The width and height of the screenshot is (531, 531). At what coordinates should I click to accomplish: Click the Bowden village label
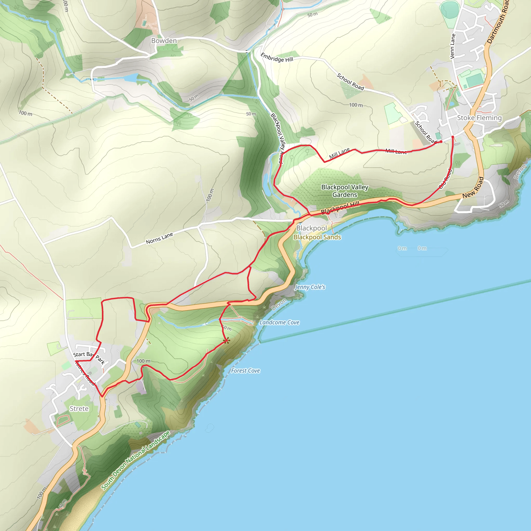coord(164,41)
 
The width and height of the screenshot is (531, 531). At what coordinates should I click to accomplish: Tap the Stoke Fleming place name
coord(479,118)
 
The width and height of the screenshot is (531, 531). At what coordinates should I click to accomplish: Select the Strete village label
coord(79,409)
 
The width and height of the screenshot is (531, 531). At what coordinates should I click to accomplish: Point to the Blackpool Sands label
coord(317,237)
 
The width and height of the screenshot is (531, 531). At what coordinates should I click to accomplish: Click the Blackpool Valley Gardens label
coord(345,191)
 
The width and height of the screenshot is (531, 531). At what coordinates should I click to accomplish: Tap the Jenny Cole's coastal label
coord(310,287)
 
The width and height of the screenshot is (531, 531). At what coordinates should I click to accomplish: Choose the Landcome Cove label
coord(279,322)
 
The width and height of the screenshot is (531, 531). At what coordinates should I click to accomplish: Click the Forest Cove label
coord(246,371)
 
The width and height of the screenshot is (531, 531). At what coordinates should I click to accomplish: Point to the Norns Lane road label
coord(159,238)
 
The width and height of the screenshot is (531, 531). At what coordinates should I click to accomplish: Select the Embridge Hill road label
coord(277,58)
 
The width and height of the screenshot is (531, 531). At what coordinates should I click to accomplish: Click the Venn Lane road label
coord(453,46)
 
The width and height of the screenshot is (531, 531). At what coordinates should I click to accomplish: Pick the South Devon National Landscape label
coord(136,460)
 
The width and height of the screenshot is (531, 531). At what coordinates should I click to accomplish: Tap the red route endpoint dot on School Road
coord(441,142)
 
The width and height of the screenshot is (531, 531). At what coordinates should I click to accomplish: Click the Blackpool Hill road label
coord(340,207)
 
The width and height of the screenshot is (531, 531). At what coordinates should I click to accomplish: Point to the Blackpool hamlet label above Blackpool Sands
coord(311,228)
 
